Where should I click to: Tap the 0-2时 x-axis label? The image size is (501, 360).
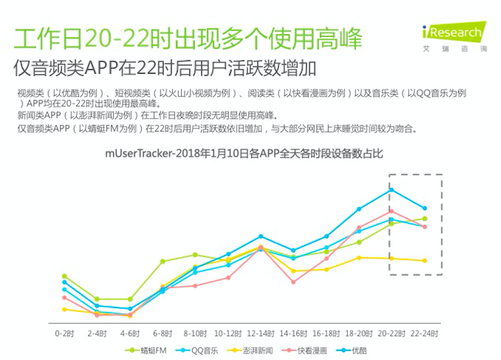64,334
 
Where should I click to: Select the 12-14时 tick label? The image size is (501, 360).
261,334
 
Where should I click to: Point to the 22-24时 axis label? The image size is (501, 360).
425,334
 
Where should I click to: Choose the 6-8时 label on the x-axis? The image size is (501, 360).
163,334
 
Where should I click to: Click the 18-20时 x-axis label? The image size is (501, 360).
359,334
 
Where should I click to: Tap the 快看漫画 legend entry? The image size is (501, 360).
306,351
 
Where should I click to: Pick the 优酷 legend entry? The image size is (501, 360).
354,351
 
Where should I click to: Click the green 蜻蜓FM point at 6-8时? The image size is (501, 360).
163,261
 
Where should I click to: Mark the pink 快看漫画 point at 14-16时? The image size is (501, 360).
293,282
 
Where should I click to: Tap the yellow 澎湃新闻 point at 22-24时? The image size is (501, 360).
425,261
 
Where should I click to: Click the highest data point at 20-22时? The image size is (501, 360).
391,190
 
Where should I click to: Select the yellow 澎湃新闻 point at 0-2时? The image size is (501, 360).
64,309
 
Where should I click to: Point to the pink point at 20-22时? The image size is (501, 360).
391,211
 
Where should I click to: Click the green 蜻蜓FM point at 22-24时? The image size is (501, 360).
425,219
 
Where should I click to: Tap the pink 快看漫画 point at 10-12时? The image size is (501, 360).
228,278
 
